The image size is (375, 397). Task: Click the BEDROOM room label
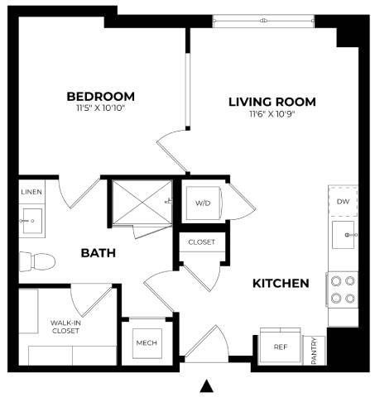click(x=100, y=96)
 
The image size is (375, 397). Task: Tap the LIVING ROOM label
click(x=272, y=102)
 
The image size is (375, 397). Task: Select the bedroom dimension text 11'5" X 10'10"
click(x=100, y=108)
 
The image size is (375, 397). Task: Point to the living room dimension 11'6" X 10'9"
click(x=272, y=114)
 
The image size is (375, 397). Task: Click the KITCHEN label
click(x=281, y=283)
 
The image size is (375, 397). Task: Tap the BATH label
click(x=98, y=252)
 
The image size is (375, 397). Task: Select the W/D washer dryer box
click(x=203, y=203)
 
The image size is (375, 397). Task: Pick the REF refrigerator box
click(x=280, y=347)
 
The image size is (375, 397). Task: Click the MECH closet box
click(x=147, y=343)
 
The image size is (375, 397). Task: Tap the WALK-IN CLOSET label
click(x=65, y=327)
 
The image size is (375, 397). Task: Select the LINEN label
click(x=31, y=192)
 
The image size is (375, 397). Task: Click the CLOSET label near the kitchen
click(x=201, y=242)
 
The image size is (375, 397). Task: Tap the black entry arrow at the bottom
click(x=207, y=385)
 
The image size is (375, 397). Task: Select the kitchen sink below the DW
click(x=344, y=236)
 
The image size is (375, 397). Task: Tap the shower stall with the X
click(x=141, y=200)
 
